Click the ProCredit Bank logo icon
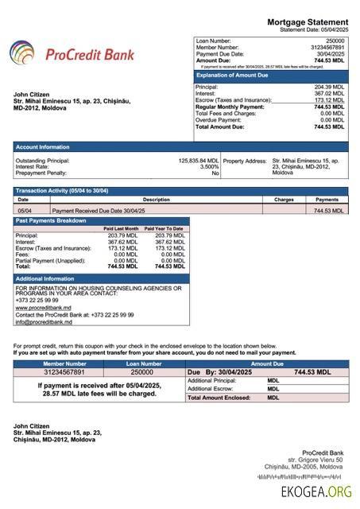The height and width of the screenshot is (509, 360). click(22, 54)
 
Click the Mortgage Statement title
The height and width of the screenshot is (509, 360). click(308, 21)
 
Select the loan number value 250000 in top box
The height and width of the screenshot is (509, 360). click(335, 40)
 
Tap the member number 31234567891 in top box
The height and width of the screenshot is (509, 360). click(327, 47)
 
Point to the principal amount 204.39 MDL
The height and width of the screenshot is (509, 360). click(329, 87)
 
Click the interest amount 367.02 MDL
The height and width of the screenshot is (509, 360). click(329, 93)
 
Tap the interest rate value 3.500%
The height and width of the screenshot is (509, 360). click(209, 166)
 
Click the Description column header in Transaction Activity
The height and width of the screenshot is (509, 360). click(157, 200)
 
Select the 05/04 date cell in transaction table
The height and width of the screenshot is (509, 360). click(25, 211)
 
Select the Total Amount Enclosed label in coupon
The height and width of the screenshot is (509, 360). click(218, 397)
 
